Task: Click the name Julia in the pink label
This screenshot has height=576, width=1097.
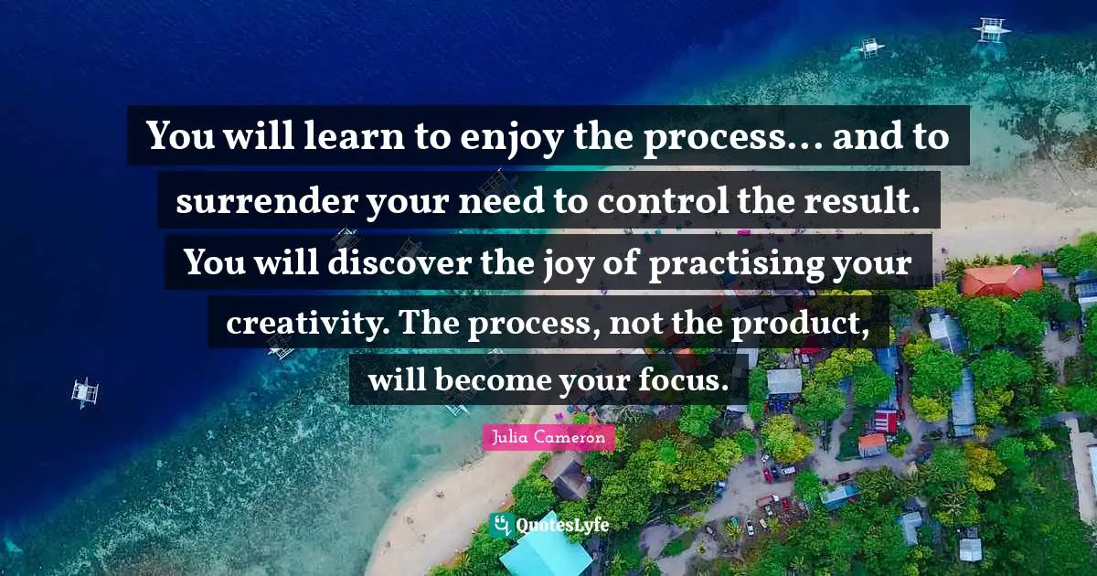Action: tap(511, 438)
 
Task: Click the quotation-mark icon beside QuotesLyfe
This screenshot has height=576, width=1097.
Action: tap(500, 524)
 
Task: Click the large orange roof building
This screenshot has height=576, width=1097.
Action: tap(1000, 279)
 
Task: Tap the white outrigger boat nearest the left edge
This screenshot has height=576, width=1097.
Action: tap(85, 391)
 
